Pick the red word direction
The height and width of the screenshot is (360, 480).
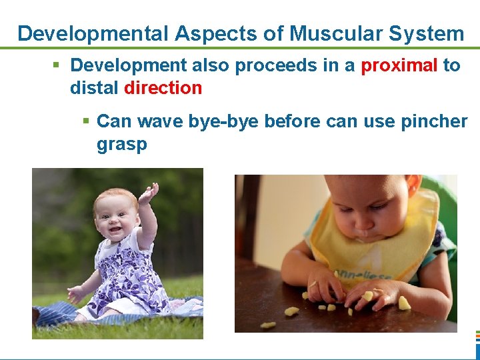click(x=163, y=88)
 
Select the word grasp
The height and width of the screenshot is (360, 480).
click(x=121, y=145)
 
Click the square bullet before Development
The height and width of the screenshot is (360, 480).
click(x=57, y=65)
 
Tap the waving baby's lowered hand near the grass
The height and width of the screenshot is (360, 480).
click(x=75, y=293)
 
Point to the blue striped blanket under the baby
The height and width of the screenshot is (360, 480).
click(x=60, y=313)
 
